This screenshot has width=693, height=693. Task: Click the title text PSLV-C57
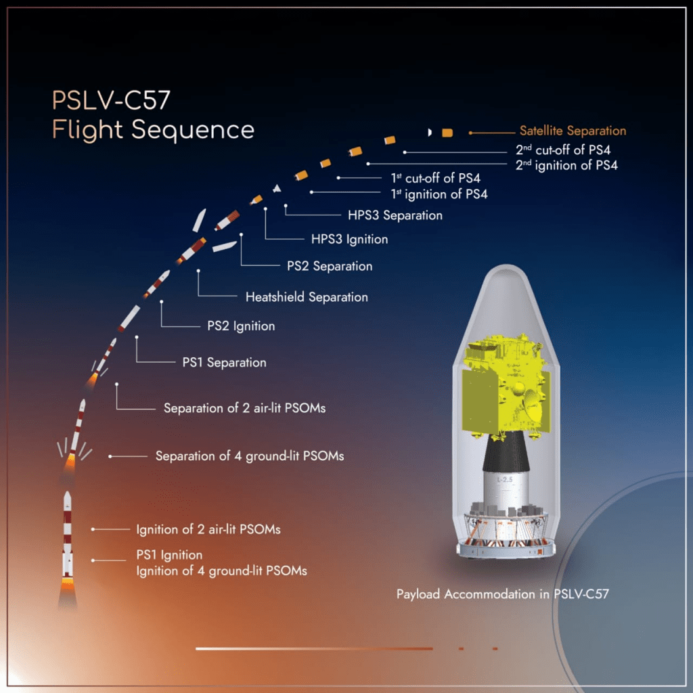point(111,100)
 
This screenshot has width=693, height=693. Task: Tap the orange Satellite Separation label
point(573,131)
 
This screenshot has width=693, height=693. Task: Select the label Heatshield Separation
point(307,297)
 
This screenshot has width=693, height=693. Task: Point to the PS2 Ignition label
point(241,326)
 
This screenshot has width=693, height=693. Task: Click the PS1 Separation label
point(225,363)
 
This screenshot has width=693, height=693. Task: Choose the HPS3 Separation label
point(395,215)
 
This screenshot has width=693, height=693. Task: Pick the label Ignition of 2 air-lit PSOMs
point(208,529)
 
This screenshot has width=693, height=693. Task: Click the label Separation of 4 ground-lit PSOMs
point(250,456)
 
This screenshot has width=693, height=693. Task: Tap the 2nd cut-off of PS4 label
point(563,150)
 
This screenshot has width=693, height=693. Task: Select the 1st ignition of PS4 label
point(439,194)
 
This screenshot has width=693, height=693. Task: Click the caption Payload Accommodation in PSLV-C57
point(503,594)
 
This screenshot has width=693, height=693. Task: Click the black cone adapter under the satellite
point(506,451)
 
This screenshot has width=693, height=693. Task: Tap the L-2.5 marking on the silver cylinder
point(505,480)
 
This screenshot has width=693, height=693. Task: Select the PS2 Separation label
point(330,266)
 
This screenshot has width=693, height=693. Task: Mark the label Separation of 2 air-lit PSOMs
point(245,408)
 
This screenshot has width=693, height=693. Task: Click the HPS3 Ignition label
point(350,239)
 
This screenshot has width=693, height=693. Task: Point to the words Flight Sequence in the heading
point(153,130)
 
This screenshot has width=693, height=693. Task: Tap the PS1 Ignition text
point(169,555)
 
